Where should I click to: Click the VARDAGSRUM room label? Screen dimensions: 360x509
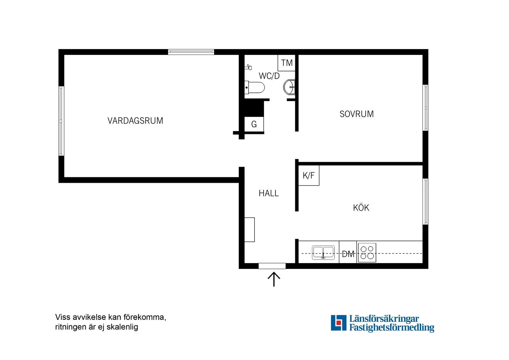click(135, 121)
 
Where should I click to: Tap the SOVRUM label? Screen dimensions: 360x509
click(357, 114)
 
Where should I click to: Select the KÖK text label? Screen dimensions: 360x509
click(361, 208)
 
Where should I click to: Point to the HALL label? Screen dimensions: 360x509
click(269, 193)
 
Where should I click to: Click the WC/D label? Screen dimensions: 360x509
click(269, 76)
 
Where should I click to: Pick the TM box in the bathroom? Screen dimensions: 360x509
click(287, 63)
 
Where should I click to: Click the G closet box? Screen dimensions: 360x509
click(254, 124)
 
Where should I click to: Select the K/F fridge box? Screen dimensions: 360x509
click(308, 175)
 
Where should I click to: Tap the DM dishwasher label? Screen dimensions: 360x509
click(348, 254)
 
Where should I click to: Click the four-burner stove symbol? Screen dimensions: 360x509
click(367, 253)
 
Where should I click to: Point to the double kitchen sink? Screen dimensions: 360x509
click(323, 253)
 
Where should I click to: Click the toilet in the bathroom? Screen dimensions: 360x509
click(255, 88)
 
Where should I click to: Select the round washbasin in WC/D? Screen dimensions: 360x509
click(289, 87)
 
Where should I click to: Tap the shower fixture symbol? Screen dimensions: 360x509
click(249, 67)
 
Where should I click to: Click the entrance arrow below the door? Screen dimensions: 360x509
click(274, 279)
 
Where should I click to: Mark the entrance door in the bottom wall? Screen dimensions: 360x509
click(272, 266)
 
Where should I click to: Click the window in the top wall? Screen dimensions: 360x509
click(191, 52)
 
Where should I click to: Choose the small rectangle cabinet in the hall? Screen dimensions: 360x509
click(250, 229)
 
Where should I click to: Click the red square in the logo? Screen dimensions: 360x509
click(339, 323)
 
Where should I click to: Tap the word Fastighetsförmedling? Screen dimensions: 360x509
click(391, 328)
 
